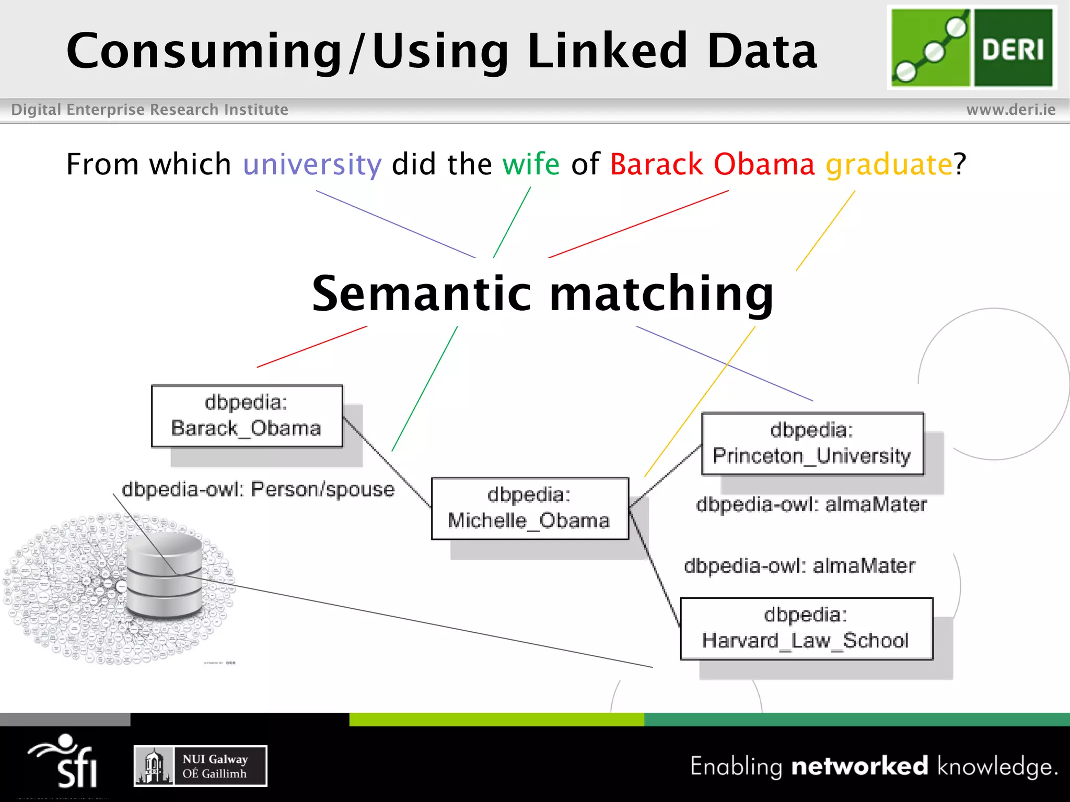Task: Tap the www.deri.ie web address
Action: (1010, 110)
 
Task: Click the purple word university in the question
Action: (312, 164)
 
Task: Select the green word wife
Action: (530, 164)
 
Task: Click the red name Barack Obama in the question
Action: (712, 164)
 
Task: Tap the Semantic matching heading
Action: (542, 293)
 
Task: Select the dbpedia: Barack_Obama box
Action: (247, 416)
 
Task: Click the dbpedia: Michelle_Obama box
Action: (529, 508)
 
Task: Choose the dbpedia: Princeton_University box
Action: (812, 443)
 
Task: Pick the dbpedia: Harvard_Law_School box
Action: (806, 628)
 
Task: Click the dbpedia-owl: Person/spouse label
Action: (258, 490)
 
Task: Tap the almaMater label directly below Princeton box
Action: (811, 504)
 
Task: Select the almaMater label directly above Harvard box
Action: (799, 566)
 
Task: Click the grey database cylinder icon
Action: (164, 574)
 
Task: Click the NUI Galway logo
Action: (200, 766)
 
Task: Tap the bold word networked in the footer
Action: (859, 766)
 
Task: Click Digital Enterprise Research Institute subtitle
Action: (149, 110)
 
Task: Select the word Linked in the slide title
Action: (607, 51)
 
